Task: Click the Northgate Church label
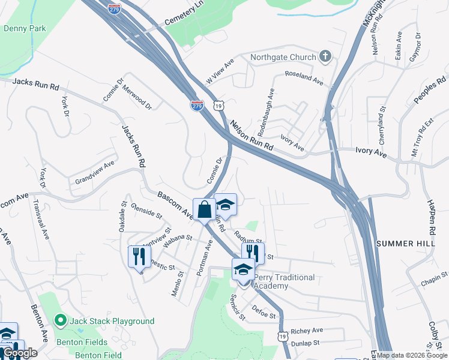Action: pyautogui.click(x=285, y=58)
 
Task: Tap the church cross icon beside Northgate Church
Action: pyautogui.click(x=325, y=58)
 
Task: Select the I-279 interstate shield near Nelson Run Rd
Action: pyautogui.click(x=197, y=105)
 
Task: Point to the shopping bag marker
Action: pyautogui.click(x=204, y=210)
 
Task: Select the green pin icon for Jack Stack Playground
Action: pyautogui.click(x=61, y=321)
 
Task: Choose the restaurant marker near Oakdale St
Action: pyautogui.click(x=139, y=257)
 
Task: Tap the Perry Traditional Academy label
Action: pyautogui.click(x=285, y=281)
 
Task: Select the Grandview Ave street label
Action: pyautogui.click(x=94, y=172)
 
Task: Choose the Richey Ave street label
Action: pyautogui.click(x=306, y=331)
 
